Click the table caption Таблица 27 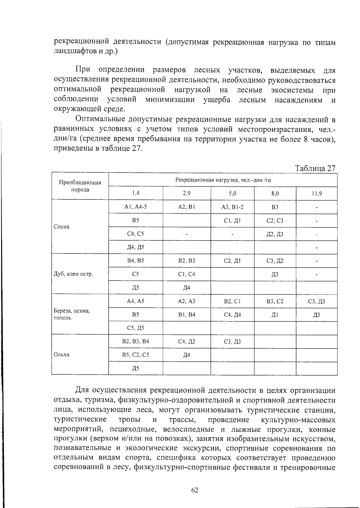[315, 168]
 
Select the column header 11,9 [317, 194]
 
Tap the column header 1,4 [136, 194]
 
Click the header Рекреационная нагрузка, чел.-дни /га [223, 180]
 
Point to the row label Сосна [61, 227]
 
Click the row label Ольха [61, 355]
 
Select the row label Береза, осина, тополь [72, 314]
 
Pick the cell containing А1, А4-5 [136, 207]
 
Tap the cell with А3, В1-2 [232, 207]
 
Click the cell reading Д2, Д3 [275, 234]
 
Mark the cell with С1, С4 [187, 274]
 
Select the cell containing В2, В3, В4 [136, 341]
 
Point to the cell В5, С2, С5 [136, 355]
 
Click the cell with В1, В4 [187, 315]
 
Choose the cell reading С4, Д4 [232, 315]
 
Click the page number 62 [195, 490]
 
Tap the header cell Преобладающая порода [80, 186]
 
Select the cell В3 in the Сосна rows [275, 207]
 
